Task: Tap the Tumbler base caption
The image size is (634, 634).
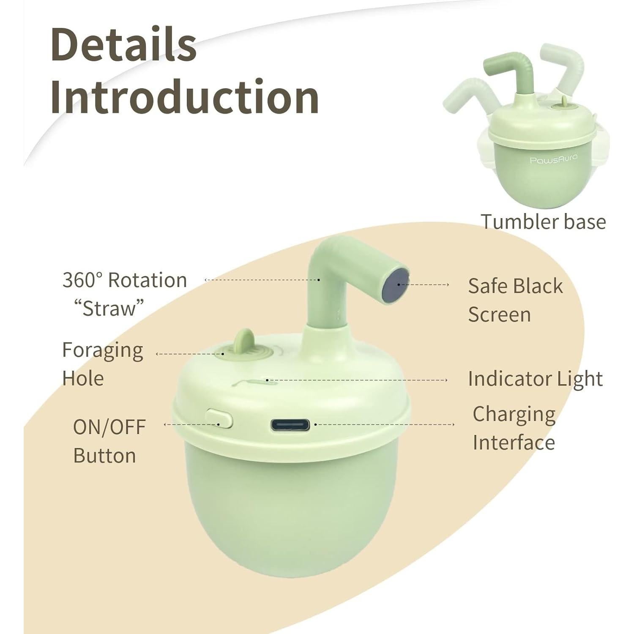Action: click(543, 221)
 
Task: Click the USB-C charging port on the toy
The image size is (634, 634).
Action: click(291, 424)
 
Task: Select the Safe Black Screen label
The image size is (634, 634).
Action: click(515, 300)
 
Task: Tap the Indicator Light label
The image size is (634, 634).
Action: click(535, 379)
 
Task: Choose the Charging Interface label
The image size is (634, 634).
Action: click(514, 428)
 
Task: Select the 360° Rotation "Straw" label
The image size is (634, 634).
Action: click(124, 294)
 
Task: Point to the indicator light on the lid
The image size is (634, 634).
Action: click(267, 380)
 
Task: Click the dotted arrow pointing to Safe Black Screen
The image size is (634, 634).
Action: click(424, 285)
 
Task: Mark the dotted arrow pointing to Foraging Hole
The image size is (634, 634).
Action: click(189, 354)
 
